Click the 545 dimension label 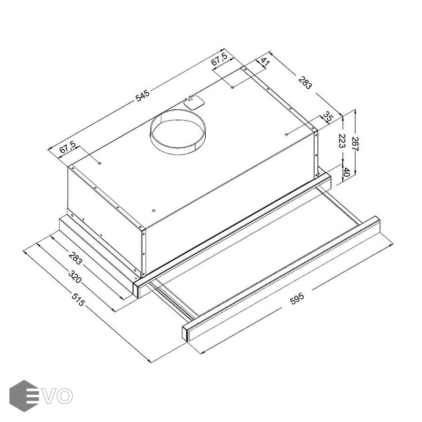(143, 96)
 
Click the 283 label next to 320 (75, 258)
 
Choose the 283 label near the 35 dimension (305, 83)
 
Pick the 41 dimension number (264, 62)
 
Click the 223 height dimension (341, 141)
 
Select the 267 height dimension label (355, 144)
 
